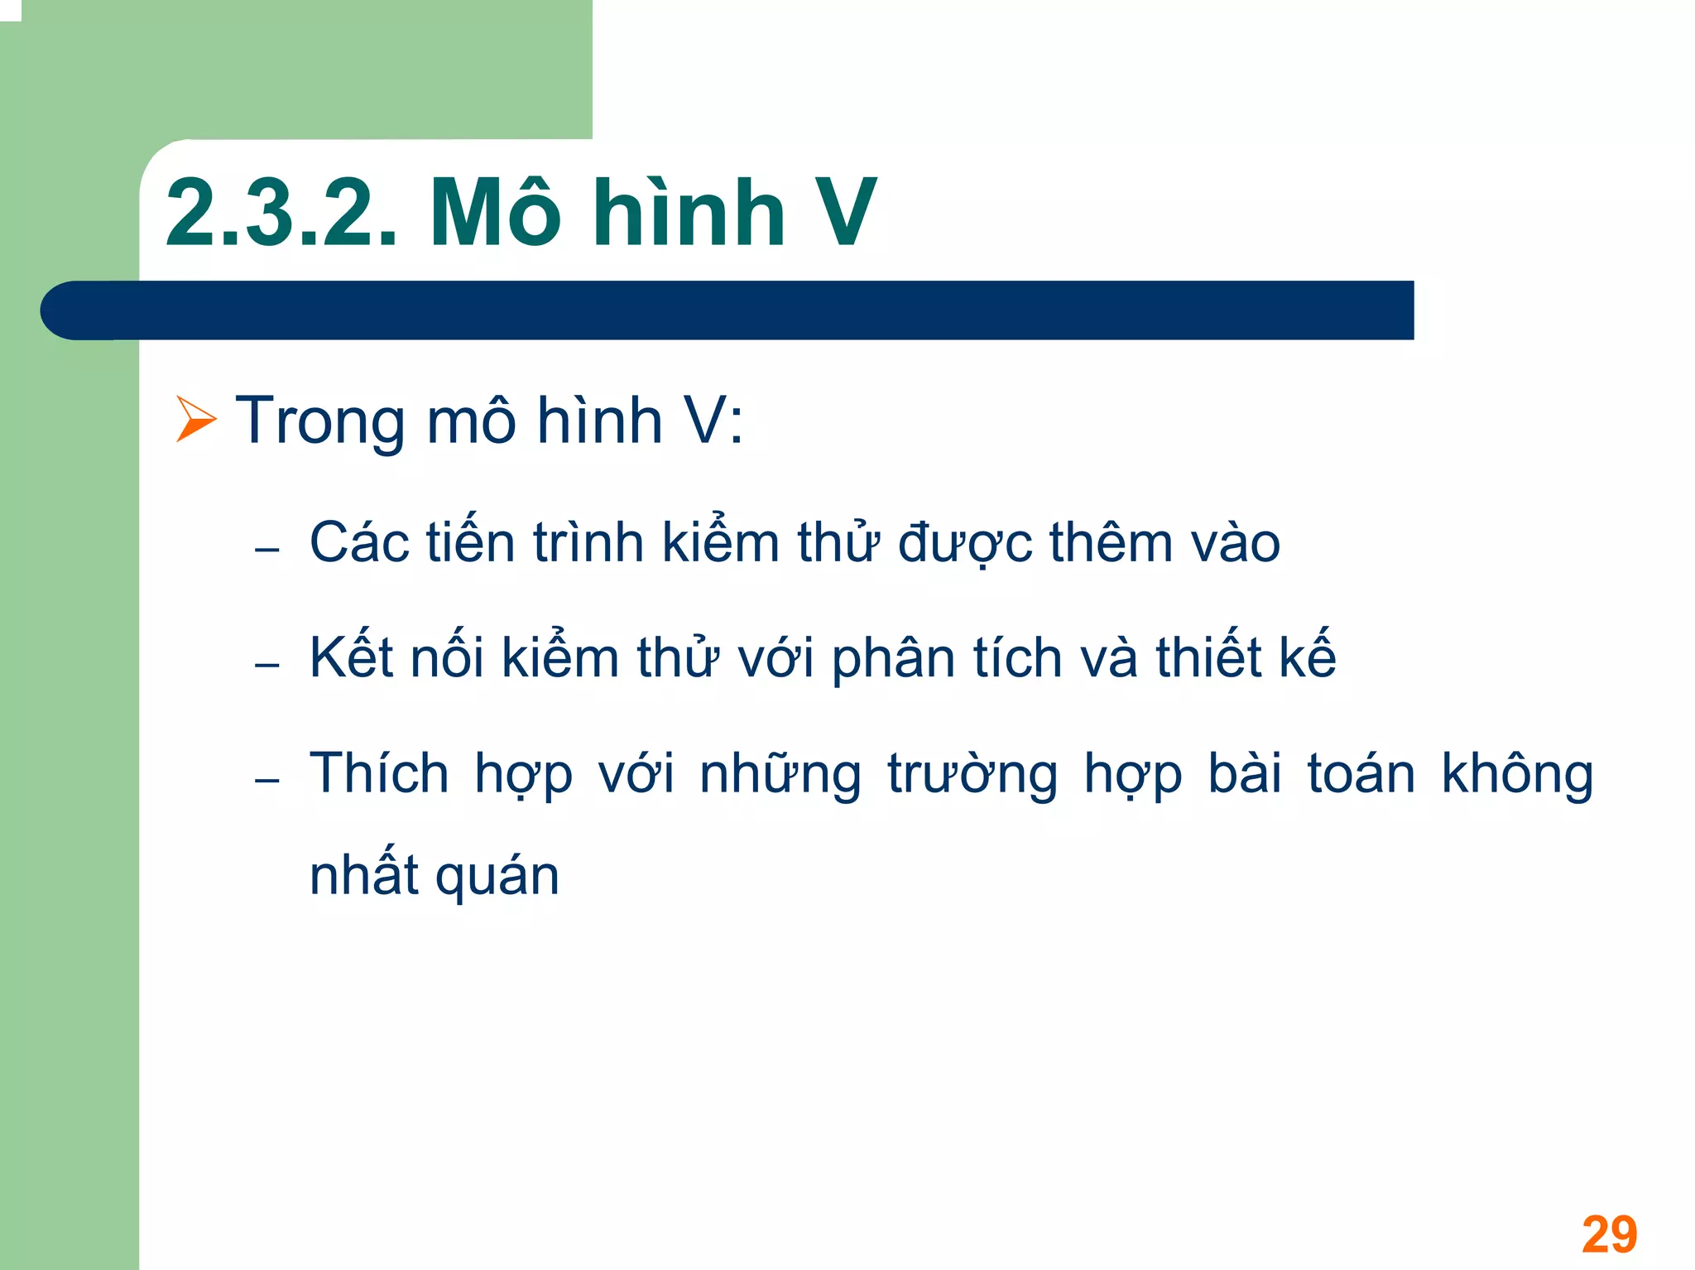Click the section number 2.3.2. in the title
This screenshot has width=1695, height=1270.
[281, 214]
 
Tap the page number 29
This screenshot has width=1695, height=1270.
[1608, 1234]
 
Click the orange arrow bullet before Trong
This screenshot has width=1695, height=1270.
[195, 419]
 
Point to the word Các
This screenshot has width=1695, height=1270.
[359, 543]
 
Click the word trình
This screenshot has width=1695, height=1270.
[588, 543]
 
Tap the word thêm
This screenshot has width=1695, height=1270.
[1111, 543]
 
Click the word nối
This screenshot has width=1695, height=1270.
[447, 657]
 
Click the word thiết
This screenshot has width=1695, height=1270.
[1209, 657]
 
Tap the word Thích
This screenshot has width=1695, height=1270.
[379, 773]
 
